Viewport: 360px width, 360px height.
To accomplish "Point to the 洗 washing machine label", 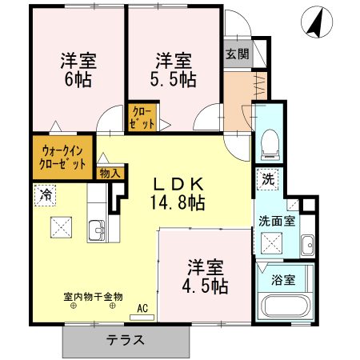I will point(269,179).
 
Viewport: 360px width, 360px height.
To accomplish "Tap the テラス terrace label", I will point(126,339).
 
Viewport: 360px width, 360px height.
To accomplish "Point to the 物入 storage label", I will point(110,172).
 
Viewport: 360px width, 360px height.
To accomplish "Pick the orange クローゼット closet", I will point(142,117).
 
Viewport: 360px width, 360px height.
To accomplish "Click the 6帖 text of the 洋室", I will point(77,79).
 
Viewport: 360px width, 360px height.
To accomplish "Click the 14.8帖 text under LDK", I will point(176,202).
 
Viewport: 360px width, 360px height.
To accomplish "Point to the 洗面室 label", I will point(275,220).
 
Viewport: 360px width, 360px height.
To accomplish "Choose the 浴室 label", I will point(283,280).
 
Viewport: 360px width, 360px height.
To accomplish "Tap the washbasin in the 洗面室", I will point(306,243).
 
